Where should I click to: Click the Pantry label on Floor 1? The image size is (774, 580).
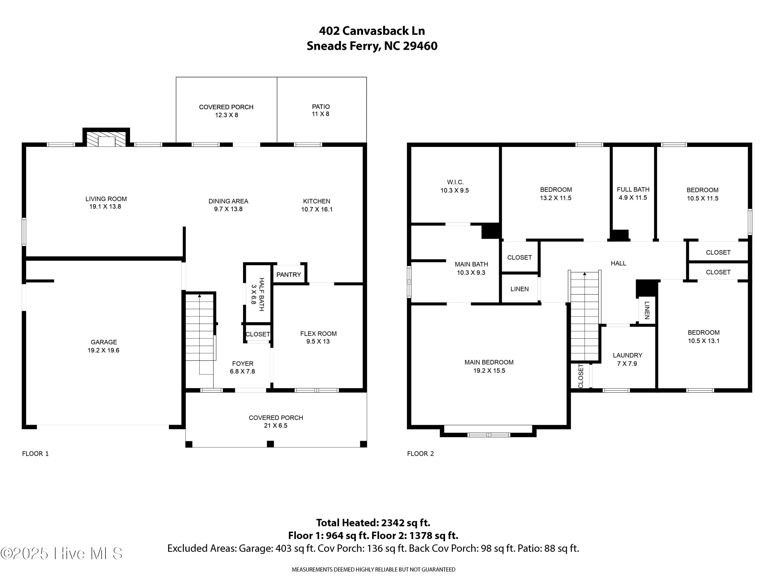pyautogui.click(x=288, y=275)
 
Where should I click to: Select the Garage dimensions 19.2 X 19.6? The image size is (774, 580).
pyautogui.click(x=103, y=350)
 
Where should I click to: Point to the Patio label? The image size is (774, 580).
pyautogui.click(x=321, y=107)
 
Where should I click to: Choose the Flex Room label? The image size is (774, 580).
pyautogui.click(x=318, y=334)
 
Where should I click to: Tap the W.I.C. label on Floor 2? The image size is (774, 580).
pyautogui.click(x=455, y=182)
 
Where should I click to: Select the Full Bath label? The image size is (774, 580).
pyautogui.click(x=633, y=189)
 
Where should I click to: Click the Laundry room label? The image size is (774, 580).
pyautogui.click(x=627, y=355)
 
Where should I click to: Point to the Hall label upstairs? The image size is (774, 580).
pyautogui.click(x=618, y=263)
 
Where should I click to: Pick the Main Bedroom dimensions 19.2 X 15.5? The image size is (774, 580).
pyautogui.click(x=489, y=371)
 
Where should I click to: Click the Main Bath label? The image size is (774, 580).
pyautogui.click(x=471, y=264)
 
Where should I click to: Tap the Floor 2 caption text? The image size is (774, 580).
pyautogui.click(x=420, y=454)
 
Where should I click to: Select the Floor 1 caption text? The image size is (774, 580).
pyautogui.click(x=35, y=454)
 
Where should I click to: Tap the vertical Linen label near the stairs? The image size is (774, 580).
pyautogui.click(x=647, y=310)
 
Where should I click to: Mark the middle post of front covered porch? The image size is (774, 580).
pyautogui.click(x=270, y=444)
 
